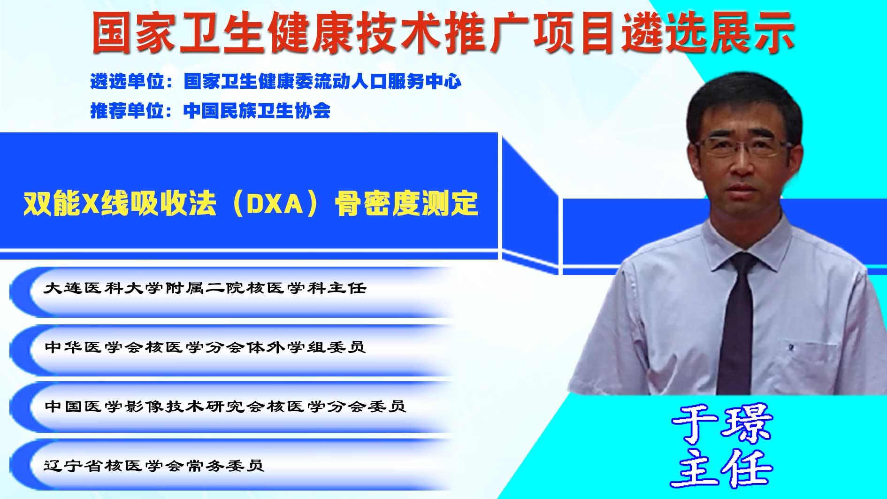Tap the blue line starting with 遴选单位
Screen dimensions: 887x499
coord(276,82)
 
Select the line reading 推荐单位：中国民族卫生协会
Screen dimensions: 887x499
coord(210,111)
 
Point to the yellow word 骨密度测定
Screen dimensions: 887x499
coord(406,204)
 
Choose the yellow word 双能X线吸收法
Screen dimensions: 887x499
coord(120,204)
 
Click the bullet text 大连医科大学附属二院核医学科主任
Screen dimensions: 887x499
coord(205,288)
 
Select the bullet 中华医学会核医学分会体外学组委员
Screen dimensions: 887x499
coord(205,347)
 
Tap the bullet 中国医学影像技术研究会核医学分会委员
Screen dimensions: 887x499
coord(225,406)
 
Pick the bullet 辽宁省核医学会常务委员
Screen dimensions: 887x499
coord(154,465)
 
